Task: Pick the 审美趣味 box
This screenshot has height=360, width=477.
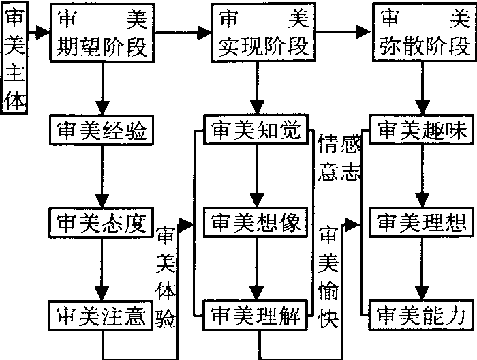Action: (x=420, y=130)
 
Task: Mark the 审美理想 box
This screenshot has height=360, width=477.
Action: (x=420, y=222)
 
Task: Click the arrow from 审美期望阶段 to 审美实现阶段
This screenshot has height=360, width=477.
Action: (x=181, y=31)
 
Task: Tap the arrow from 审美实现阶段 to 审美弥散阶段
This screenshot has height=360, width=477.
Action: (x=343, y=31)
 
